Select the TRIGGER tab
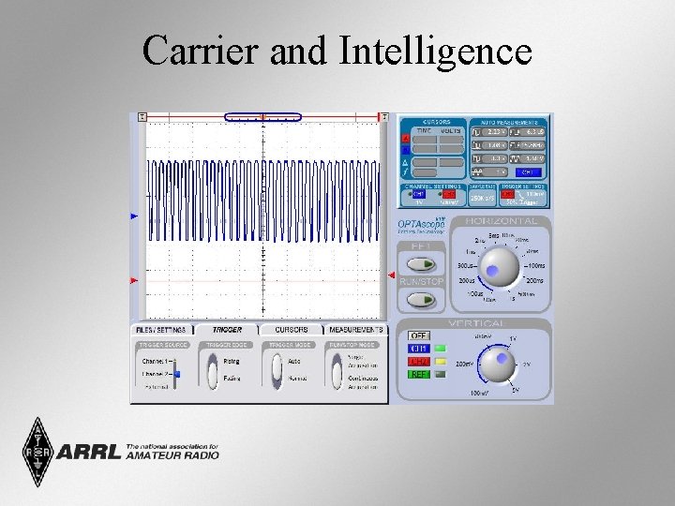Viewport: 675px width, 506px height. [x=226, y=330]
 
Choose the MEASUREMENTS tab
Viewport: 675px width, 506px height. [x=355, y=330]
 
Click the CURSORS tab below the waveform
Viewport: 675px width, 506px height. [x=291, y=330]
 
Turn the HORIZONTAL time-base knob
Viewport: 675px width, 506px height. [x=496, y=269]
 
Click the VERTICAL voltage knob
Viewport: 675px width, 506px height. [x=498, y=361]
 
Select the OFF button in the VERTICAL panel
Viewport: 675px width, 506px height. [x=418, y=335]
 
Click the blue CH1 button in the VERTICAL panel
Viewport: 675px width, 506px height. [x=418, y=349]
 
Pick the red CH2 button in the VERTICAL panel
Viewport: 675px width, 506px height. [x=418, y=362]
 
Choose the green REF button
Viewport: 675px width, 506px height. [x=418, y=374]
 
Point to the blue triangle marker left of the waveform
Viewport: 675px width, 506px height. [x=133, y=216]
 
